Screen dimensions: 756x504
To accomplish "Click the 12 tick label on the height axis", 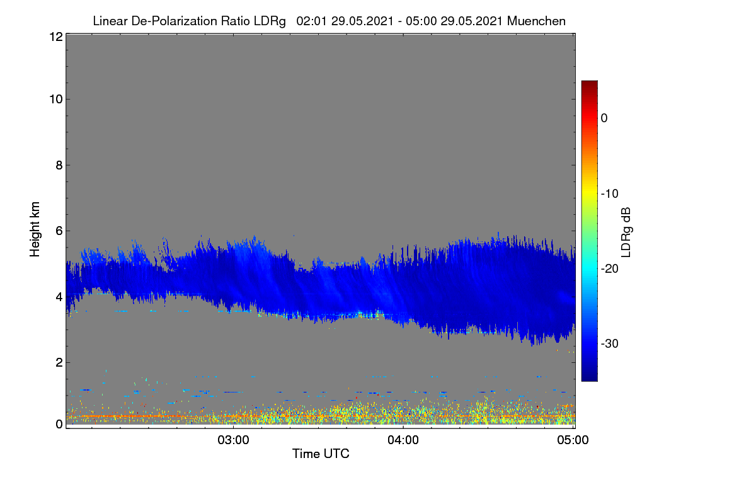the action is coord(56,37).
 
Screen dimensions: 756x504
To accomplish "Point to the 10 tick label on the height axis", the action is coord(56,100).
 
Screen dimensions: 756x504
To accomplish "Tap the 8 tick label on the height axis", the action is coord(59,165).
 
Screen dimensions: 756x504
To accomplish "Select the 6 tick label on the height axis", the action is coord(59,231).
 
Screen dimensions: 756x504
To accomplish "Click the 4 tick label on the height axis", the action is coord(59,297).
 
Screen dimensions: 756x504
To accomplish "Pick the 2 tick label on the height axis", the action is coord(59,362).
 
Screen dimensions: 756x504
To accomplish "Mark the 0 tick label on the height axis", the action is coord(59,425).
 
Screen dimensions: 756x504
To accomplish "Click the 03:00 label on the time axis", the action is coord(233,440).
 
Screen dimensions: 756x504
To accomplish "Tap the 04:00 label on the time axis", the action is coord(403,440).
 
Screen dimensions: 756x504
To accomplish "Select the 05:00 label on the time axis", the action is coord(573,440).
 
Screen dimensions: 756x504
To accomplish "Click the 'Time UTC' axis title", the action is coord(321,454).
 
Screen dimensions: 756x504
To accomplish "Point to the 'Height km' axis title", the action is coord(35,229).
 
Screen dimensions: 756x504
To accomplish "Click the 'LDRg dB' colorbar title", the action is coord(626,232).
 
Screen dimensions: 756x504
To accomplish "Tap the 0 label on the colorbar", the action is coord(604,118).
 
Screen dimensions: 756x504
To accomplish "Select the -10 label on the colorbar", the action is coord(610,194).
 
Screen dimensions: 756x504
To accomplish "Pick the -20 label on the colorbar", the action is coord(610,269).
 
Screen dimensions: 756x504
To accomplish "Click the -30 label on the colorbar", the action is coord(610,343).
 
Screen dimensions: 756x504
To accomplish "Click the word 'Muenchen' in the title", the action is coord(536,21).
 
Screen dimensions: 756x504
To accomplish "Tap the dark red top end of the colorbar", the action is coord(589,83).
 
